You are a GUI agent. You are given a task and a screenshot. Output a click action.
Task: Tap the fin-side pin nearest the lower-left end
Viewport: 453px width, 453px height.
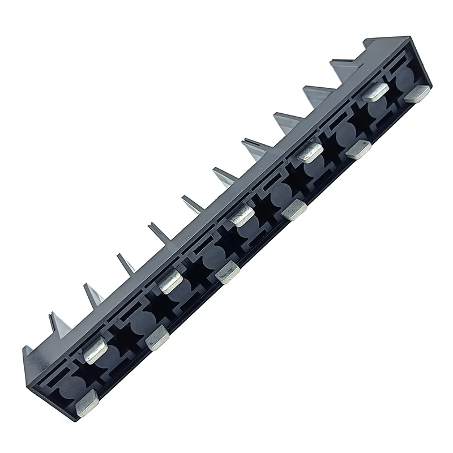95,349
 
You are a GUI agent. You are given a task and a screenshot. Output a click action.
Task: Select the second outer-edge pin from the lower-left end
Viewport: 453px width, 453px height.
157,338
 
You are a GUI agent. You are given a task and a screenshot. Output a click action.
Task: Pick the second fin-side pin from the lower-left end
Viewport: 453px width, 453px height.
170,281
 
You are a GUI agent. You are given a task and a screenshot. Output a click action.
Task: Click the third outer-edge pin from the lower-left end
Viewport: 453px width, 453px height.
227,273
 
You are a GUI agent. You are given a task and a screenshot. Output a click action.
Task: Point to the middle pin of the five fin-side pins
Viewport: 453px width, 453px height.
241,215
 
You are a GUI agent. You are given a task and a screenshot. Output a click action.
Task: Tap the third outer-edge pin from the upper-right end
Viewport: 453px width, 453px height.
294,210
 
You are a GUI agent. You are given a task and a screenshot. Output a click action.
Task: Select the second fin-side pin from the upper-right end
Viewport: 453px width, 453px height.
310,152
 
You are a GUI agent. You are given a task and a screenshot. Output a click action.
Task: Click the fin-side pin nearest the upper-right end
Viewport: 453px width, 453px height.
375,92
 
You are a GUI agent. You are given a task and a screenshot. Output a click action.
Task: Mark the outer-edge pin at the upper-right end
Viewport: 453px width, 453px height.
417,93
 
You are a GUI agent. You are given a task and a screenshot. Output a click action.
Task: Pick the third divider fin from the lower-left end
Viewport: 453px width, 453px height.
126,264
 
